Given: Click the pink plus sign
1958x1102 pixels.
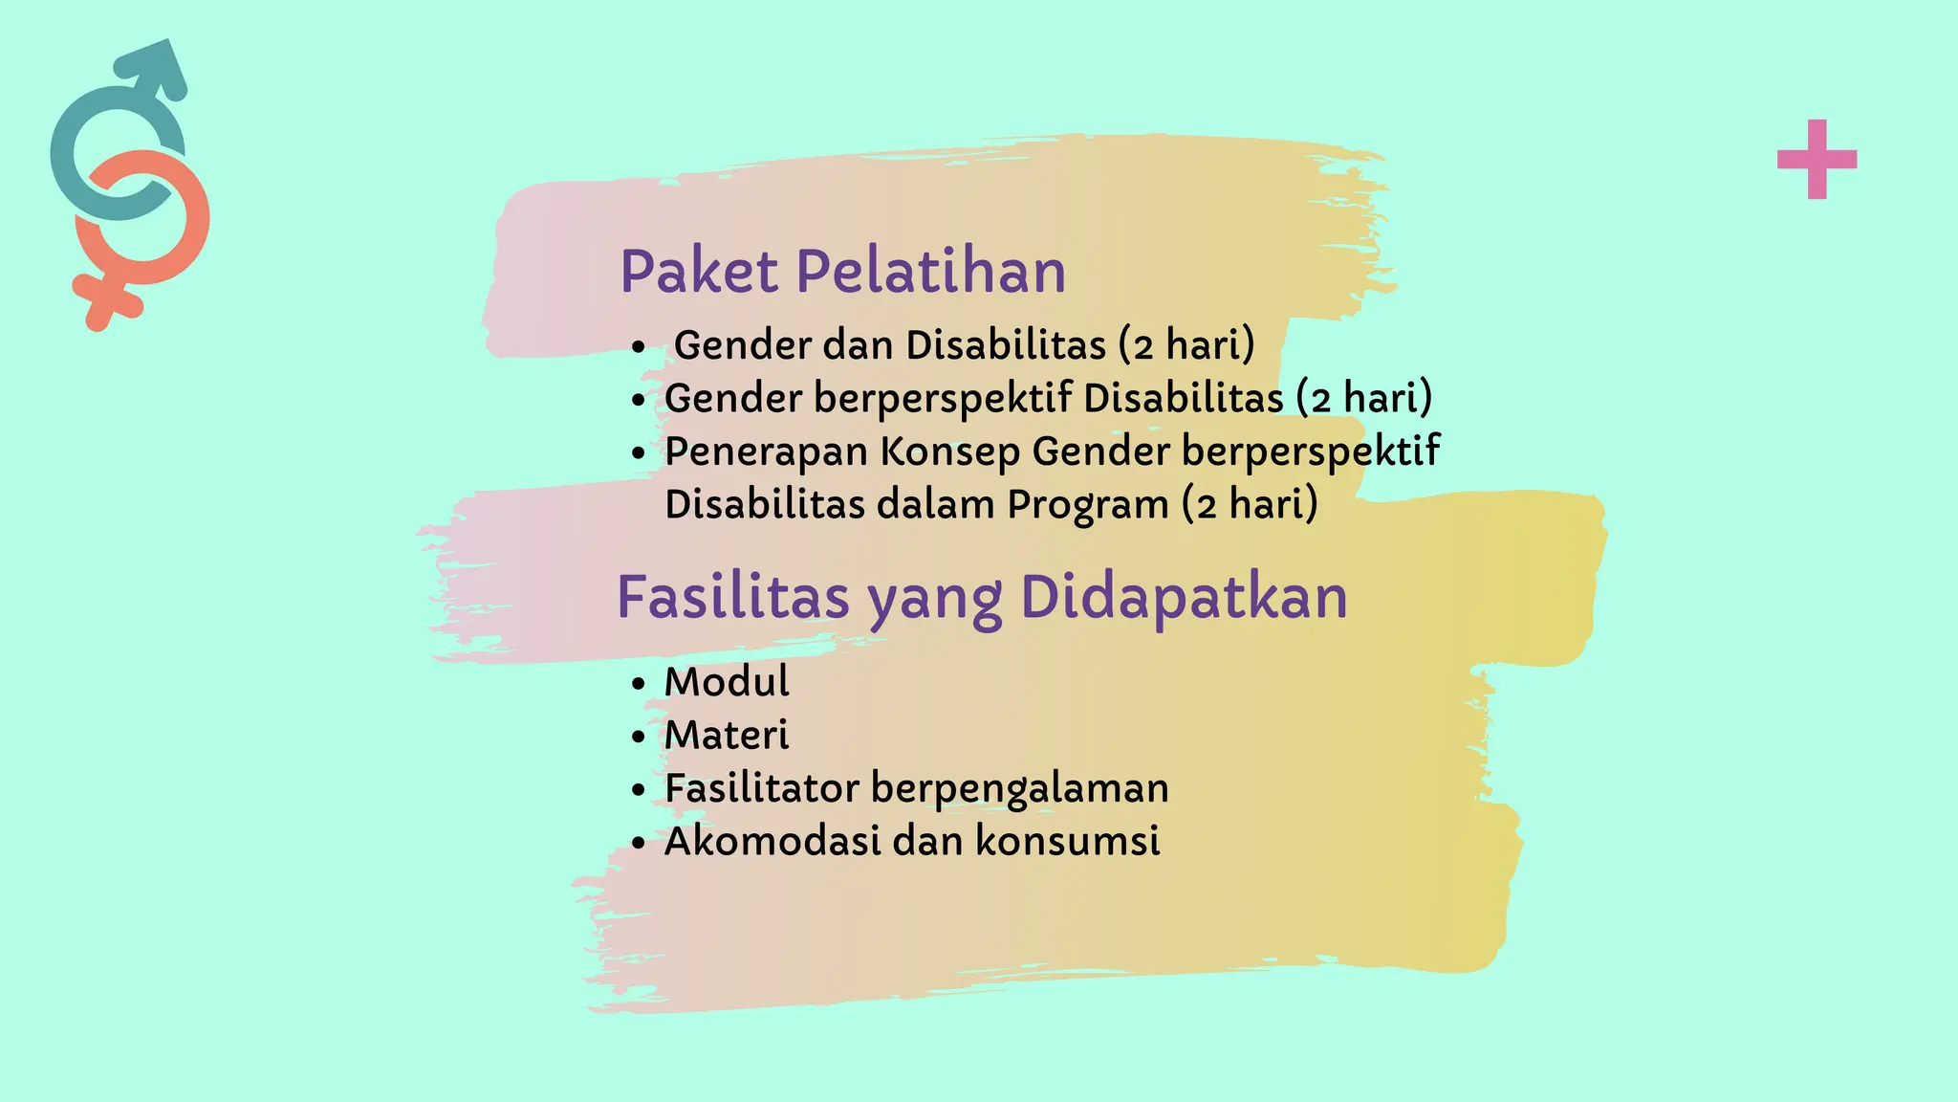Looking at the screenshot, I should pos(1817,159).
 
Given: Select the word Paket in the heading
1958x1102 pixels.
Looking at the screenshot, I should pos(699,272).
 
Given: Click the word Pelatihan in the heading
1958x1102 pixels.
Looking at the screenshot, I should pos(930,272).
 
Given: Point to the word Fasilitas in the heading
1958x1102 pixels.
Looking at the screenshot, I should pos(732,598).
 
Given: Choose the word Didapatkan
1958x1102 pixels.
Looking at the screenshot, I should pos(1184,598).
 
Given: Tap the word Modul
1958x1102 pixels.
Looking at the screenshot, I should pos(727,682).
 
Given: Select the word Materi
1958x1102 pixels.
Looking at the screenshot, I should pos(727,736).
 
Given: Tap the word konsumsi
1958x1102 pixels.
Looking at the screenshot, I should pos(1067,842).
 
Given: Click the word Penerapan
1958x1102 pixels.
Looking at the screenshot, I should pos(766,452).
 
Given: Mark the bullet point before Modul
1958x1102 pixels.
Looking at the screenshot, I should pos(639,684).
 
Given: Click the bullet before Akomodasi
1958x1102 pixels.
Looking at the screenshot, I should pos(639,844).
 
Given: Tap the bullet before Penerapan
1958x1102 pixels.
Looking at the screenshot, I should pos(639,453).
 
